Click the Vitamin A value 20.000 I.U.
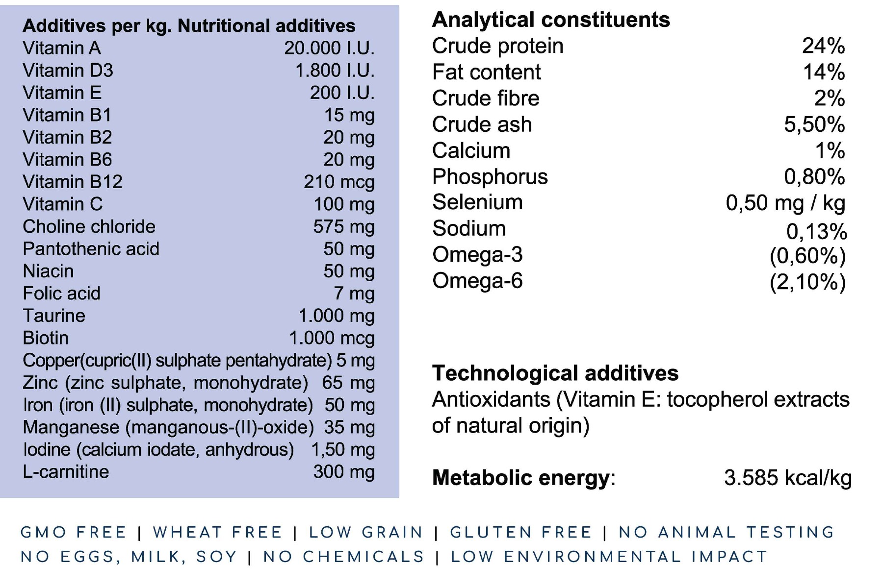click(329, 48)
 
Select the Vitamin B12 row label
click(73, 182)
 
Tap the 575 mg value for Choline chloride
click(344, 227)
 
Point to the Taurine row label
click(54, 316)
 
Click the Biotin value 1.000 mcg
click(332, 338)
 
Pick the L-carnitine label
click(66, 472)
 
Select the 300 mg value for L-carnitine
click(344, 472)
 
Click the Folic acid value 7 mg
click(354, 294)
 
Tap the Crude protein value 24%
click(823, 46)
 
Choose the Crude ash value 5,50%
click(814, 124)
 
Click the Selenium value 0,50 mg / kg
click(785, 203)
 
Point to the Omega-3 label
click(477, 255)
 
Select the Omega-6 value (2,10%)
click(807, 282)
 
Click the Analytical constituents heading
click(551, 20)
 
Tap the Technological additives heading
click(555, 373)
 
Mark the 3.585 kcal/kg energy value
click(788, 478)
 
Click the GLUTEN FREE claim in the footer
click(521, 532)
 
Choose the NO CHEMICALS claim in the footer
click(344, 557)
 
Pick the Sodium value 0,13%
click(817, 232)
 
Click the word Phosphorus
click(490, 177)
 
